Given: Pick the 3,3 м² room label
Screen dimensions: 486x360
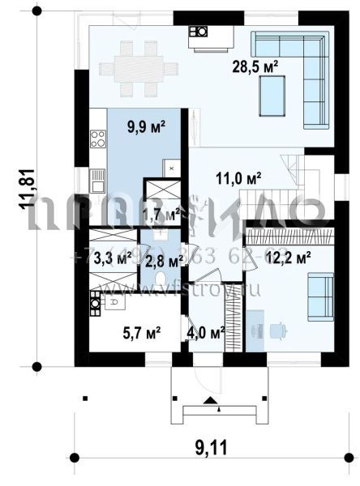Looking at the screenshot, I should pos(112,259).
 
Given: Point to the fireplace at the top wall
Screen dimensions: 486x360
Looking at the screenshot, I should pos(199,32).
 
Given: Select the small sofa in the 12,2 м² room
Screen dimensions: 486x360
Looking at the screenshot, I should pos(320,288).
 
